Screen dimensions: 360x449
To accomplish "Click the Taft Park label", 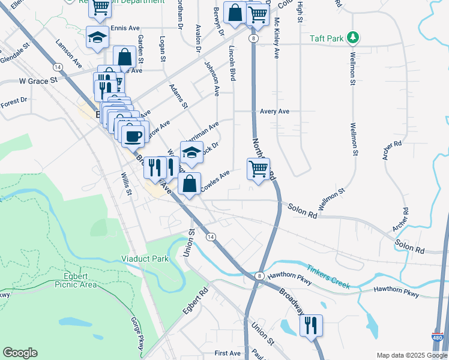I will [327, 38].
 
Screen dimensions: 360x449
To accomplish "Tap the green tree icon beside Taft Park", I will [354, 38].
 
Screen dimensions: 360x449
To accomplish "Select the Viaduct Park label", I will [145, 259].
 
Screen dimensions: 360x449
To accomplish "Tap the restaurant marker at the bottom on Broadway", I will [311, 326].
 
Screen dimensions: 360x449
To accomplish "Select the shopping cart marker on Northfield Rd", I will [258, 169].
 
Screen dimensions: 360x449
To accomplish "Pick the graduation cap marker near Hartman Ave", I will [191, 153].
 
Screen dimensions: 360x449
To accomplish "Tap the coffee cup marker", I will [133, 135].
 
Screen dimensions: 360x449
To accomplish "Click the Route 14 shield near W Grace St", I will [56, 66].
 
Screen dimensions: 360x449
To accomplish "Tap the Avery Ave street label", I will [275, 112].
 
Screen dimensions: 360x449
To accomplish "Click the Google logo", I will [20, 353].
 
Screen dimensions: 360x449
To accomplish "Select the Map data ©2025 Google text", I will [411, 355].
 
